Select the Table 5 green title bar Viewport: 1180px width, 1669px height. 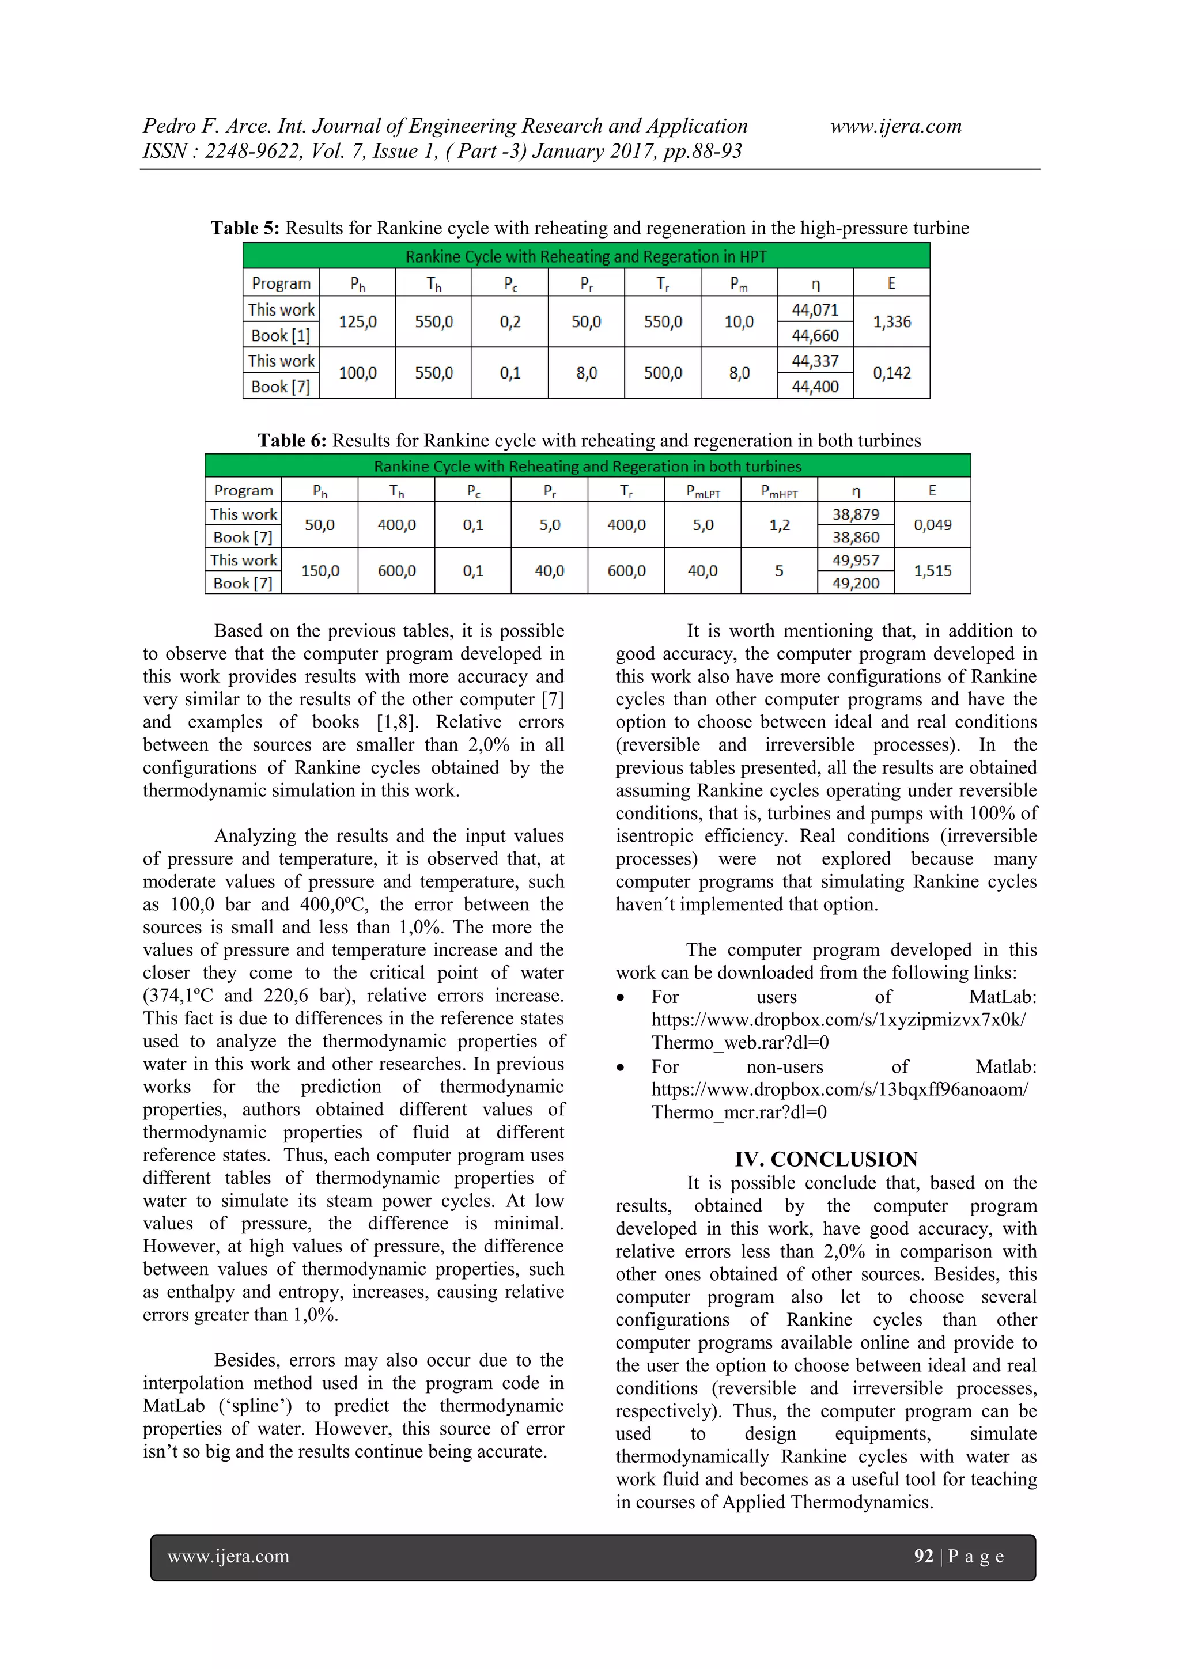click(x=585, y=256)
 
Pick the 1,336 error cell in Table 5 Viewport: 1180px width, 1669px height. click(x=891, y=322)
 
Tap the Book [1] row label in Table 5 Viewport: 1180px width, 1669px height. click(x=281, y=335)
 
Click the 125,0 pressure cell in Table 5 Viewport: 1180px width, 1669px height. click(x=357, y=322)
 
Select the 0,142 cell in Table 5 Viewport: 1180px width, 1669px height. click(x=891, y=373)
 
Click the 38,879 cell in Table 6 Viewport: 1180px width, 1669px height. click(x=855, y=514)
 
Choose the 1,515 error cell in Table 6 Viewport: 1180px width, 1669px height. click(x=932, y=570)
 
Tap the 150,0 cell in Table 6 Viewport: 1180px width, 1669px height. click(x=320, y=570)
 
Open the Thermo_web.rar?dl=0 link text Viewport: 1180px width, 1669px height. click(x=739, y=1042)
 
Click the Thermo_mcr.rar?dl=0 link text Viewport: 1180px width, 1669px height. click(x=739, y=1112)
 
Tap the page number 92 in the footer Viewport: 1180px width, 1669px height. click(x=922, y=1556)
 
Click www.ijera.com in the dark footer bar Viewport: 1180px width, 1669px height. click(x=228, y=1556)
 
